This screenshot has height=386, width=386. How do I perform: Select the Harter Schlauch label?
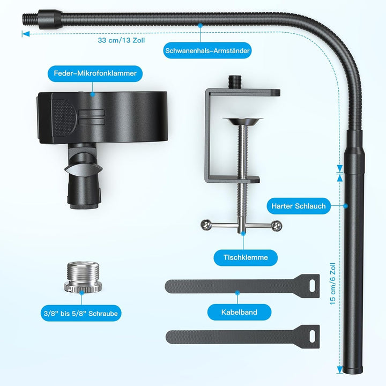tap(299, 205)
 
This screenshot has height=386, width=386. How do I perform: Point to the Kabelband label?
tap(239, 311)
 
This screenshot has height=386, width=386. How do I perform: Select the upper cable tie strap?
tap(241, 287)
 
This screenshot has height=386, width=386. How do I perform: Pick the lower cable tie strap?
tap(241, 337)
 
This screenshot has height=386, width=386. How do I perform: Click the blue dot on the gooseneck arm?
tap(201, 24)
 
